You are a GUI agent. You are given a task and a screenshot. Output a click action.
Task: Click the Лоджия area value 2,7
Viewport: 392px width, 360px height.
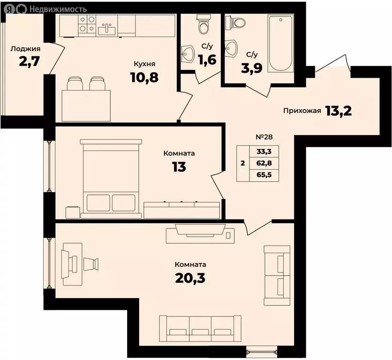tap(29, 61)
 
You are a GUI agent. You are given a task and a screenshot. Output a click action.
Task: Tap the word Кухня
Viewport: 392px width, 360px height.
tap(144, 64)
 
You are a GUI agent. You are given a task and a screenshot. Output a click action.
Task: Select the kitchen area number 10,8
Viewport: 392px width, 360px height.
tap(144, 77)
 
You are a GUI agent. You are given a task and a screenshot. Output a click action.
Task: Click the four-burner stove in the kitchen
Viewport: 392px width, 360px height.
tap(87, 24)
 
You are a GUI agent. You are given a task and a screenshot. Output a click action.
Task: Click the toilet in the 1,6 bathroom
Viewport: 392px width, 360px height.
tap(204, 24)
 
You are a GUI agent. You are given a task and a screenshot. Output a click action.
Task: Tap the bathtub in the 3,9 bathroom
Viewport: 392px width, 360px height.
tap(280, 44)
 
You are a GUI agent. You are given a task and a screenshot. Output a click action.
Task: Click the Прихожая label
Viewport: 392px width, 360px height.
tap(302, 111)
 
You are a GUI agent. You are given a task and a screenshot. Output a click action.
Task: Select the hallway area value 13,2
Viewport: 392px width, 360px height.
tap(339, 111)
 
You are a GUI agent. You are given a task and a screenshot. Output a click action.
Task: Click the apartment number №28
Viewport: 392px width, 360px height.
tap(264, 137)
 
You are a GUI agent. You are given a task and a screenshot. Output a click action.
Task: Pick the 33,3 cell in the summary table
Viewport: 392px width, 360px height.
tap(264, 151)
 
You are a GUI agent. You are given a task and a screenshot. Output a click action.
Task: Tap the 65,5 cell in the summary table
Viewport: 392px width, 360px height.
tap(264, 175)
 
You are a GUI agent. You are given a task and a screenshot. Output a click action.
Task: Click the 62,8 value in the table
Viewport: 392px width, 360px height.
tap(264, 163)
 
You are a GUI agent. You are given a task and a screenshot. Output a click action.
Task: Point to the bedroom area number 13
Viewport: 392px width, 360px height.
tap(179, 167)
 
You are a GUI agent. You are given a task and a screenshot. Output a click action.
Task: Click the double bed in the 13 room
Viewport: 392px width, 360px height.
tap(111, 179)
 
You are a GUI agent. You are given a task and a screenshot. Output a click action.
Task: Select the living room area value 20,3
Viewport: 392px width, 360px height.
tap(190, 278)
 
